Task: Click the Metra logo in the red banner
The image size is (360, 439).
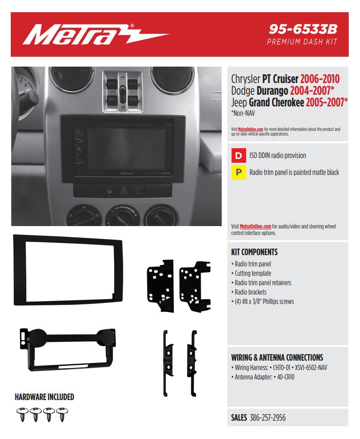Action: pos(94,35)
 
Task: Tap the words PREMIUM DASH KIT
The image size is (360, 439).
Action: pos(302,42)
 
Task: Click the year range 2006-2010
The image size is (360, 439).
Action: pos(320,79)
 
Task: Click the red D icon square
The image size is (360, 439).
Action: pos(239,155)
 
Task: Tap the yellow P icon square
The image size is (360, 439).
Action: pos(239,173)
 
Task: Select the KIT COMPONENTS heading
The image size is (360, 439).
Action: pos(255,252)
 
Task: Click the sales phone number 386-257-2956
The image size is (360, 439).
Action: pos(268,417)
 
